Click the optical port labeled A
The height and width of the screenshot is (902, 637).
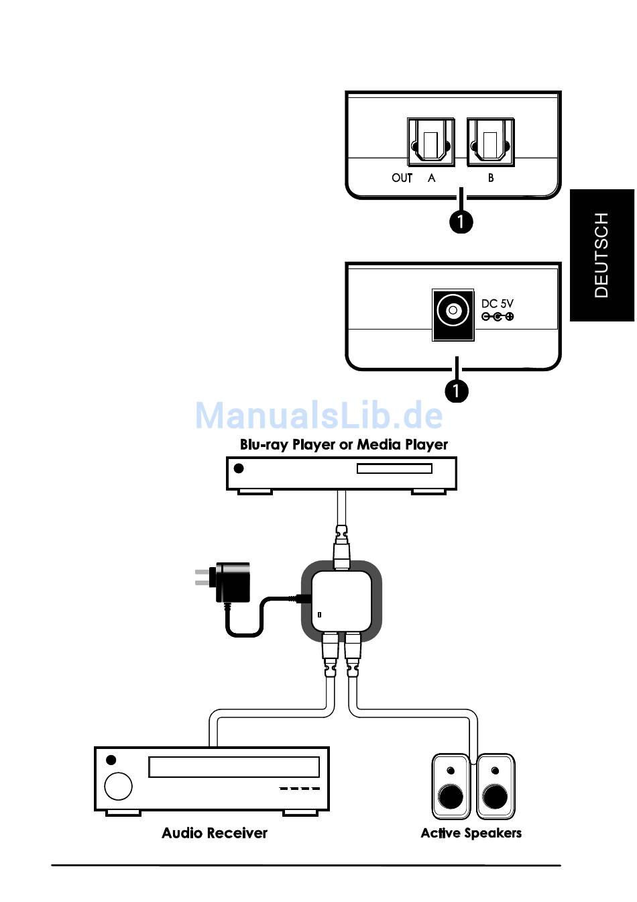coord(430,142)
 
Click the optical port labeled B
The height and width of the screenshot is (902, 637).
coord(491,142)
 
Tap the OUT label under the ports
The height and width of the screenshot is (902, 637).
coord(402,178)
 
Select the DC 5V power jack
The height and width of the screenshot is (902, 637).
coord(453,315)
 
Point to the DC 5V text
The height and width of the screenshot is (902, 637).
coord(498,303)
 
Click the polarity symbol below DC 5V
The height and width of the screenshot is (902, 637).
coord(498,317)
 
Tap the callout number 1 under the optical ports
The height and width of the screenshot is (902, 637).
coord(461,221)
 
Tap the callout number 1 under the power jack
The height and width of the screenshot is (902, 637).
coord(457,390)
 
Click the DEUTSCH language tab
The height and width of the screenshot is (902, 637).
coord(602,255)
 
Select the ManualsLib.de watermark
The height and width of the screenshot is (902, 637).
coord(318,415)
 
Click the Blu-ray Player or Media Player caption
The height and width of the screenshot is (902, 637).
coord(344,444)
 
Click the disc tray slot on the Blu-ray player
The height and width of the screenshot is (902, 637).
coord(394,468)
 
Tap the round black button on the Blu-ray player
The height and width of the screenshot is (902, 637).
coord(239,468)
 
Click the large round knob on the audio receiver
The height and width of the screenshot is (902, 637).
coord(118,786)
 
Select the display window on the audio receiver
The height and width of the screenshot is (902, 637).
coord(234,767)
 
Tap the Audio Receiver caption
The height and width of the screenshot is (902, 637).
coord(215,833)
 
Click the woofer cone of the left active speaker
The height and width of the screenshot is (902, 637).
coord(451,797)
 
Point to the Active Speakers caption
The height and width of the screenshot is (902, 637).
coord(471,833)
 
